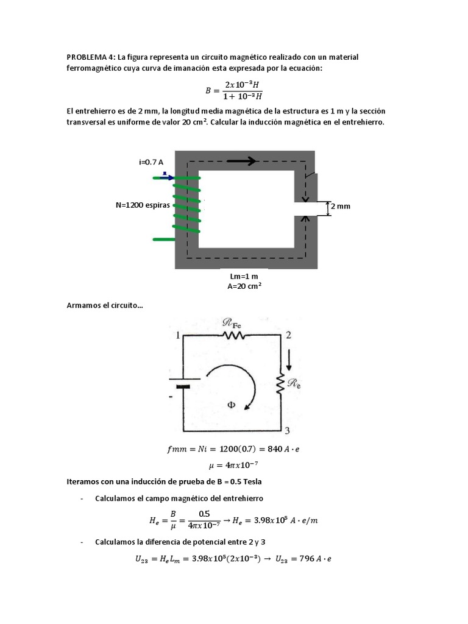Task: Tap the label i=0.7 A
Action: [x=151, y=162]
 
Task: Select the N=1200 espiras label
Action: [x=143, y=205]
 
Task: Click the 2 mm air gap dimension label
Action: [x=341, y=207]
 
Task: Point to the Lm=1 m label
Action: [x=244, y=276]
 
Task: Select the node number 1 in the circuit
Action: [x=178, y=335]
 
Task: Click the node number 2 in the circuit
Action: [x=288, y=335]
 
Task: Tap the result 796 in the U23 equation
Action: [x=311, y=559]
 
